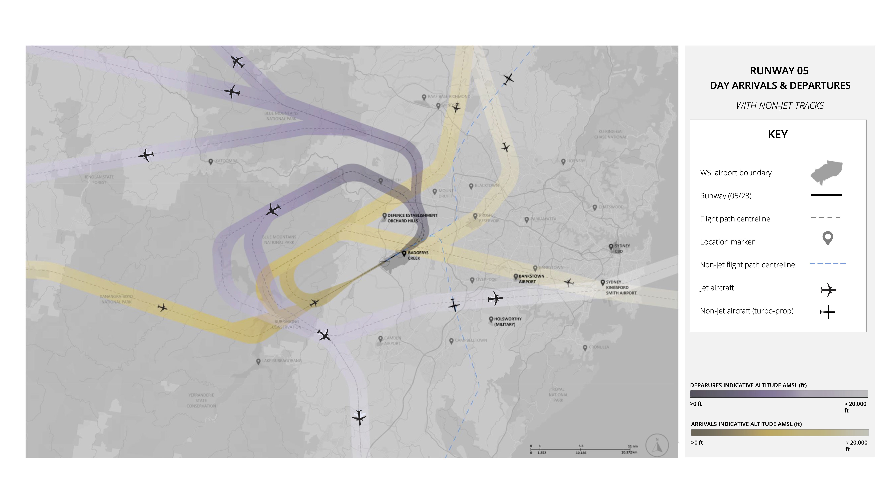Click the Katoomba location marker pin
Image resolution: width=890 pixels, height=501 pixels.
(x=211, y=161)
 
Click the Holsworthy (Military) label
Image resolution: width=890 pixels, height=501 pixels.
(x=507, y=321)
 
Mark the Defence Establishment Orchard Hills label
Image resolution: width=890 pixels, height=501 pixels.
(x=412, y=218)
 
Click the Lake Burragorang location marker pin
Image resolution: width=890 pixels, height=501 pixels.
(x=258, y=361)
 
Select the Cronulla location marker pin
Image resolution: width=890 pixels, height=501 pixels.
(x=585, y=348)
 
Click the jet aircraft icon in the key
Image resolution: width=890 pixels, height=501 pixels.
(x=828, y=290)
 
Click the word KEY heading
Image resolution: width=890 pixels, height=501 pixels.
(x=777, y=134)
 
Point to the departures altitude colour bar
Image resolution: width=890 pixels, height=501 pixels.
(x=778, y=394)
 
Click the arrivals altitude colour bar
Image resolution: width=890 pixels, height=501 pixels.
(x=780, y=433)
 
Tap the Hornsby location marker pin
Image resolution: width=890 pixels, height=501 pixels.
(x=563, y=161)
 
